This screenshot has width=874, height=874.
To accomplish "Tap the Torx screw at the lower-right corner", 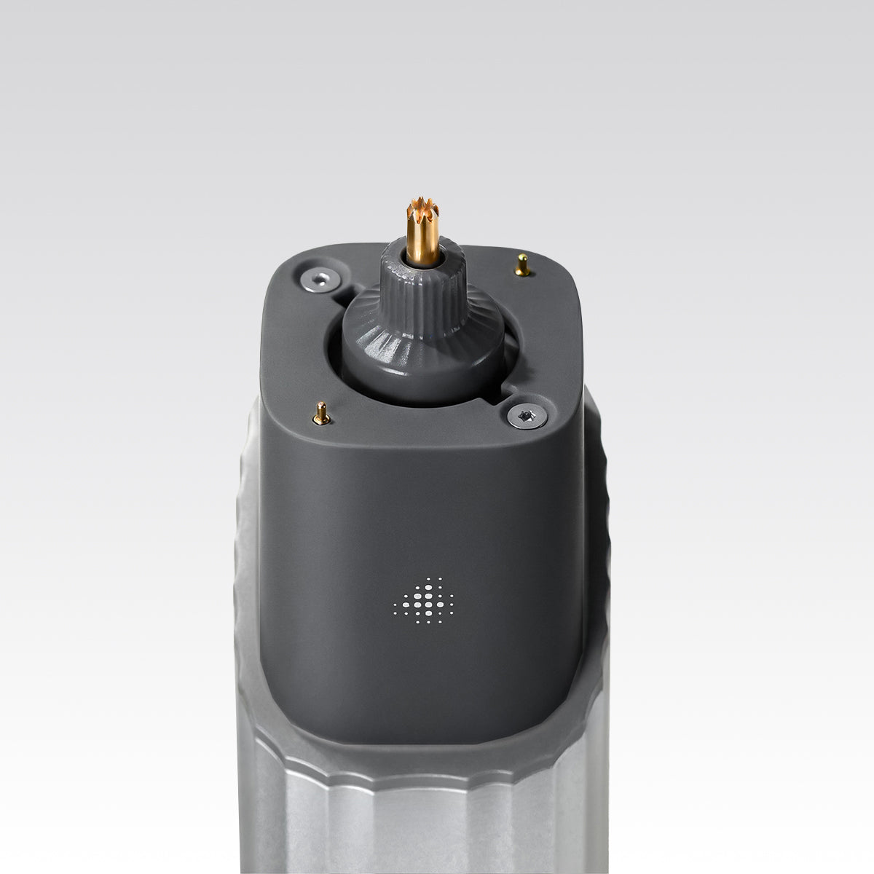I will (522, 415).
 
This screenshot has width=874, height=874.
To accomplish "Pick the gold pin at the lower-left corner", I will (320, 414).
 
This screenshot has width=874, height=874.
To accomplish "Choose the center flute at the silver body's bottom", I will (422, 830).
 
